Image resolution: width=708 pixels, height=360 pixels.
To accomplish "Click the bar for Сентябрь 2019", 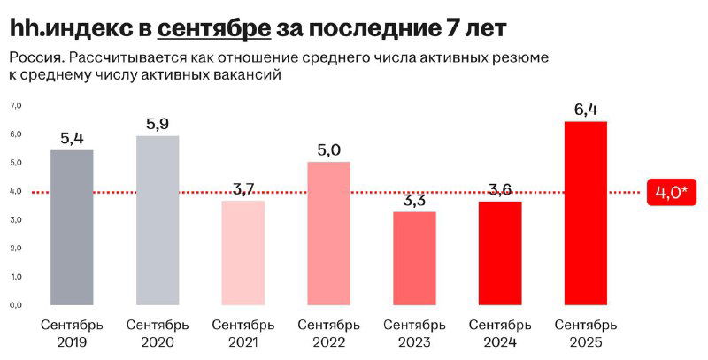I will click(x=72, y=227).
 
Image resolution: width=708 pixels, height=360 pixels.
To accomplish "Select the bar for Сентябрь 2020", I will click(x=158, y=220).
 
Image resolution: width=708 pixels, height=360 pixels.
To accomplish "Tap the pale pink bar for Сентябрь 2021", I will click(x=243, y=252).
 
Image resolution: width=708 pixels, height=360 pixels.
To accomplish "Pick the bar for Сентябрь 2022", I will click(x=328, y=234).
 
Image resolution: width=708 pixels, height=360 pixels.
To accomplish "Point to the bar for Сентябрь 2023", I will click(x=414, y=257).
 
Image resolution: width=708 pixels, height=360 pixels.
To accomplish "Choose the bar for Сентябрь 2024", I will click(x=500, y=253).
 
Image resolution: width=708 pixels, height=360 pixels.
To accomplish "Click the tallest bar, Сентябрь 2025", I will click(x=586, y=212).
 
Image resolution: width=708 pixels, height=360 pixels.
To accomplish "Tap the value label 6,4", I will click(x=586, y=110).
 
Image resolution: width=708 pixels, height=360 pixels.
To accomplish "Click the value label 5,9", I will click(x=158, y=124).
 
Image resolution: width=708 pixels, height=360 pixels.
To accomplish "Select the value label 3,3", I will click(x=414, y=200).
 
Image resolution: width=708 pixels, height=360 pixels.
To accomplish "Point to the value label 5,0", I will click(x=328, y=150).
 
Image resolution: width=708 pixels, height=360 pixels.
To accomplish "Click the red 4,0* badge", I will click(x=673, y=192).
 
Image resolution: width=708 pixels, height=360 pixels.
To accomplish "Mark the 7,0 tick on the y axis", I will click(x=15, y=106).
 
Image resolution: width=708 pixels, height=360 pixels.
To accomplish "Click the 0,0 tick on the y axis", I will click(x=15, y=304).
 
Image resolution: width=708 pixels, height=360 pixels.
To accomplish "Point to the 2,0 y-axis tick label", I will click(x=15, y=248).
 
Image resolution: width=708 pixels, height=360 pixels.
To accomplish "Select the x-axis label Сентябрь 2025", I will click(x=586, y=333).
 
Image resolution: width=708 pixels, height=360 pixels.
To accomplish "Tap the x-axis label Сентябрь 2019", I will click(x=72, y=333).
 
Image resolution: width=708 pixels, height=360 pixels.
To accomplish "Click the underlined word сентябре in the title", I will click(x=214, y=28).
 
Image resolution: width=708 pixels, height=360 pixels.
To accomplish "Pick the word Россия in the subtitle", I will click(x=32, y=58).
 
